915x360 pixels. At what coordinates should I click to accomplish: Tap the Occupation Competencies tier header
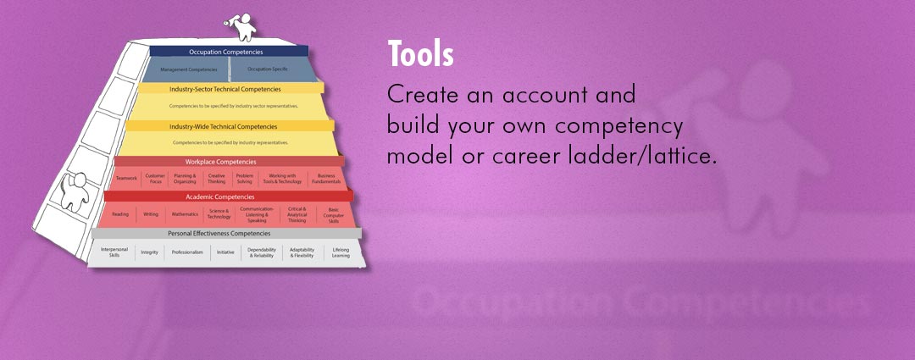(x=226, y=52)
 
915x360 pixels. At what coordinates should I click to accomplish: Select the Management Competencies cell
(x=189, y=69)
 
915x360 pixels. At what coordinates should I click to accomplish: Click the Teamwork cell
(x=126, y=179)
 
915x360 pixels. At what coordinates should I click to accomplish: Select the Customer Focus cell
(x=155, y=179)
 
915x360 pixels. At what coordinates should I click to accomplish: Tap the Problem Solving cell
(x=245, y=179)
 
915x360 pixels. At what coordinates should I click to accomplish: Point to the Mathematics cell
(x=185, y=214)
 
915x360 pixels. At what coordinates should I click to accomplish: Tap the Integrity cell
(x=149, y=252)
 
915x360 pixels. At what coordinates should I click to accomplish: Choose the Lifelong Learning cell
(x=341, y=252)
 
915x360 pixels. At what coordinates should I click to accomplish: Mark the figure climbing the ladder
(x=74, y=194)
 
